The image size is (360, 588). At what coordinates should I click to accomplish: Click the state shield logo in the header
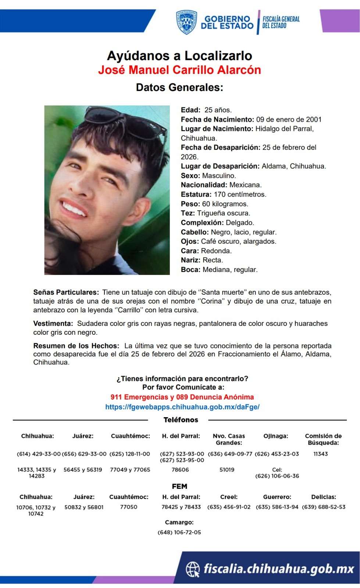click(x=186, y=22)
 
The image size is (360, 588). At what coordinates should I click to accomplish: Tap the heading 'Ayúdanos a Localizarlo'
click(x=179, y=56)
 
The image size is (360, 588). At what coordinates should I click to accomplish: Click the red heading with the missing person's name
click(x=179, y=70)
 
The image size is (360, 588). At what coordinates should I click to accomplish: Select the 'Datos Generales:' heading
click(x=179, y=87)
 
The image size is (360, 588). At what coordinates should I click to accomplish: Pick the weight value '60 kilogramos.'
click(x=225, y=204)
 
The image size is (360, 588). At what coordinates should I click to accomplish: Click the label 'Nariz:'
click(x=190, y=260)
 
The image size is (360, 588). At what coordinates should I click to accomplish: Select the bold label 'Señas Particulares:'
click(x=66, y=293)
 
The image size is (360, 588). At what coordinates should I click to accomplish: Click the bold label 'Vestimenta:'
click(x=53, y=324)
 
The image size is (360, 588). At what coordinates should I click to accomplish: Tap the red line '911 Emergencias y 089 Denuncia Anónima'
click(x=182, y=397)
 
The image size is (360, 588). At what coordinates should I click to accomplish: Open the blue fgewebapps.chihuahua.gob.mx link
click(x=182, y=407)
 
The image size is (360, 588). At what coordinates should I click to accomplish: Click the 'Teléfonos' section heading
click(x=181, y=420)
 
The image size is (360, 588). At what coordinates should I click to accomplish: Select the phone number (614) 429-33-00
click(x=39, y=454)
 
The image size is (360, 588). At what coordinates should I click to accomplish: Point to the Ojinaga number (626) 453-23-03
click(x=277, y=454)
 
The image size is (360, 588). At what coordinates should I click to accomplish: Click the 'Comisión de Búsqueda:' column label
click(x=323, y=439)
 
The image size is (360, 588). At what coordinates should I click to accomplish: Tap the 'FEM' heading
click(x=179, y=487)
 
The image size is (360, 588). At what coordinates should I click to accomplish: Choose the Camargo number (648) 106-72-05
click(x=179, y=533)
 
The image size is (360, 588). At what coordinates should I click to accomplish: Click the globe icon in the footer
click(x=193, y=569)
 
